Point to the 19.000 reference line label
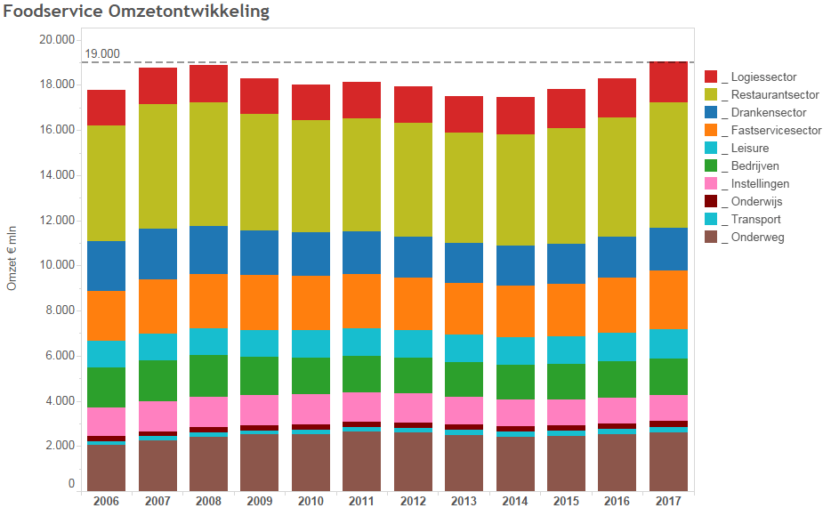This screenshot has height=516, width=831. click(x=101, y=54)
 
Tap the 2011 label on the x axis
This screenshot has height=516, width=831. click(x=361, y=501)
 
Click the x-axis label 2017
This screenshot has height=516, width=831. click(x=668, y=501)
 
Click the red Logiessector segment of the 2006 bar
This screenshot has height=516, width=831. click(x=106, y=108)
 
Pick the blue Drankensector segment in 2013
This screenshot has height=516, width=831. click(x=464, y=262)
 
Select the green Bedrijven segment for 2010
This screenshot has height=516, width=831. click(x=311, y=375)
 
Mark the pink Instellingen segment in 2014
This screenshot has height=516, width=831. click(x=515, y=413)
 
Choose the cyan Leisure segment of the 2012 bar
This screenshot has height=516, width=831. click(x=413, y=343)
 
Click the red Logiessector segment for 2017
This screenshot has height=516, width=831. click(x=668, y=82)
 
